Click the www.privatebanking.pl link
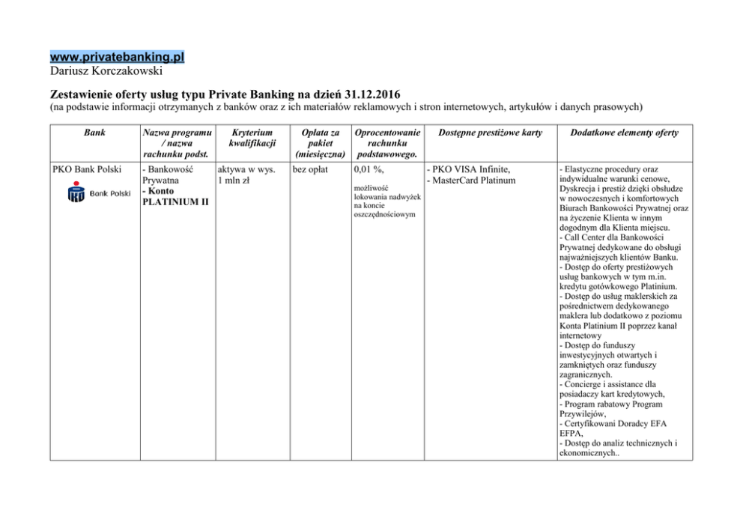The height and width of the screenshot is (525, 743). pyautogui.click(x=117, y=57)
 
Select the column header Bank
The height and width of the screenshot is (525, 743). pyautogui.click(x=94, y=133)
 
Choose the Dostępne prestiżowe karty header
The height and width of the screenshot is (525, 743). pyautogui.click(x=490, y=133)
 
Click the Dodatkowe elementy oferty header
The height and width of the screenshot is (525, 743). pyautogui.click(x=624, y=133)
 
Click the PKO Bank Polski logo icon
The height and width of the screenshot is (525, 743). pyautogui.click(x=76, y=195)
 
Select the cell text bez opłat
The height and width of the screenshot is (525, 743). pyautogui.click(x=310, y=169)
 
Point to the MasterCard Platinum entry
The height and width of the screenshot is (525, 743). pyautogui.click(x=472, y=180)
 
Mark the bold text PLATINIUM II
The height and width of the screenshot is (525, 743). pyautogui.click(x=176, y=202)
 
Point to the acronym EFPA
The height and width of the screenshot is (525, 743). pyautogui.click(x=572, y=433)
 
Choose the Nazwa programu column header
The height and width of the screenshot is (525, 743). pyautogui.click(x=177, y=133)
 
